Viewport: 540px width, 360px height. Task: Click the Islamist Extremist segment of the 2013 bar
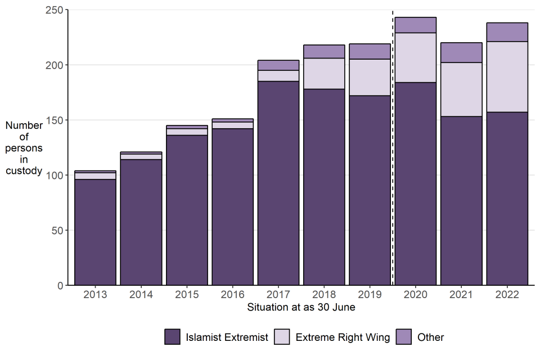(x=95, y=232)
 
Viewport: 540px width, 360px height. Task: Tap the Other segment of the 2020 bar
(x=416, y=25)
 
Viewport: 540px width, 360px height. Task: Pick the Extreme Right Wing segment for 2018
(x=324, y=74)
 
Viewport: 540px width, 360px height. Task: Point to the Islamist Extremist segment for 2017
(x=278, y=183)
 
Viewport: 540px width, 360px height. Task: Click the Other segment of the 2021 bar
(x=461, y=52)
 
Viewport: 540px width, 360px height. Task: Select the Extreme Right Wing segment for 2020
(x=416, y=57)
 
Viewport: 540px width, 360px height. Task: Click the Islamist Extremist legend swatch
(x=172, y=337)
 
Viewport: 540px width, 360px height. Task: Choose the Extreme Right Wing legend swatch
(x=282, y=337)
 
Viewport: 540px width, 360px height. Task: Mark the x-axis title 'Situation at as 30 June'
(x=301, y=308)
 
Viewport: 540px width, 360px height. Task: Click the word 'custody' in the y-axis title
(x=24, y=171)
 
